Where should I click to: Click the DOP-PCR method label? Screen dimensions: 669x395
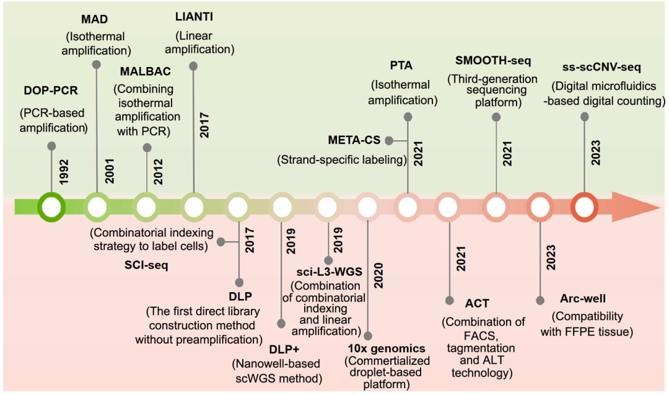(51, 91)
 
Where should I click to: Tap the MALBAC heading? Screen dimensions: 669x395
(145, 71)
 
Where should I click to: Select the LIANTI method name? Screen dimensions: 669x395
(194, 17)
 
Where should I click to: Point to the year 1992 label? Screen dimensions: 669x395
(64, 172)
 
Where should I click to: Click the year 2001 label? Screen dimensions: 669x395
(110, 171)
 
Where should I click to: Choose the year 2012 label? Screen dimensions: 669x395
(159, 172)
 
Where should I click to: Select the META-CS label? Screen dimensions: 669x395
(354, 140)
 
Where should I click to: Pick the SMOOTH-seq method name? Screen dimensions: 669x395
(493, 61)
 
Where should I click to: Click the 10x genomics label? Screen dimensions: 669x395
(387, 348)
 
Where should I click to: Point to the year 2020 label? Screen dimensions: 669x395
(378, 275)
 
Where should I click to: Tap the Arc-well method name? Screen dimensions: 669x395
(583, 298)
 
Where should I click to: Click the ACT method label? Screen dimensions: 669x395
(477, 304)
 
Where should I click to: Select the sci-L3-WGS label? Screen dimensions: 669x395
(330, 272)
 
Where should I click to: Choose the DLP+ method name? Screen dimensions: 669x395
(284, 349)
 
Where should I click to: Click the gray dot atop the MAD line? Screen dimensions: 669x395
(97, 64)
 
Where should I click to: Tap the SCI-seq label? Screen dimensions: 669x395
(146, 265)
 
